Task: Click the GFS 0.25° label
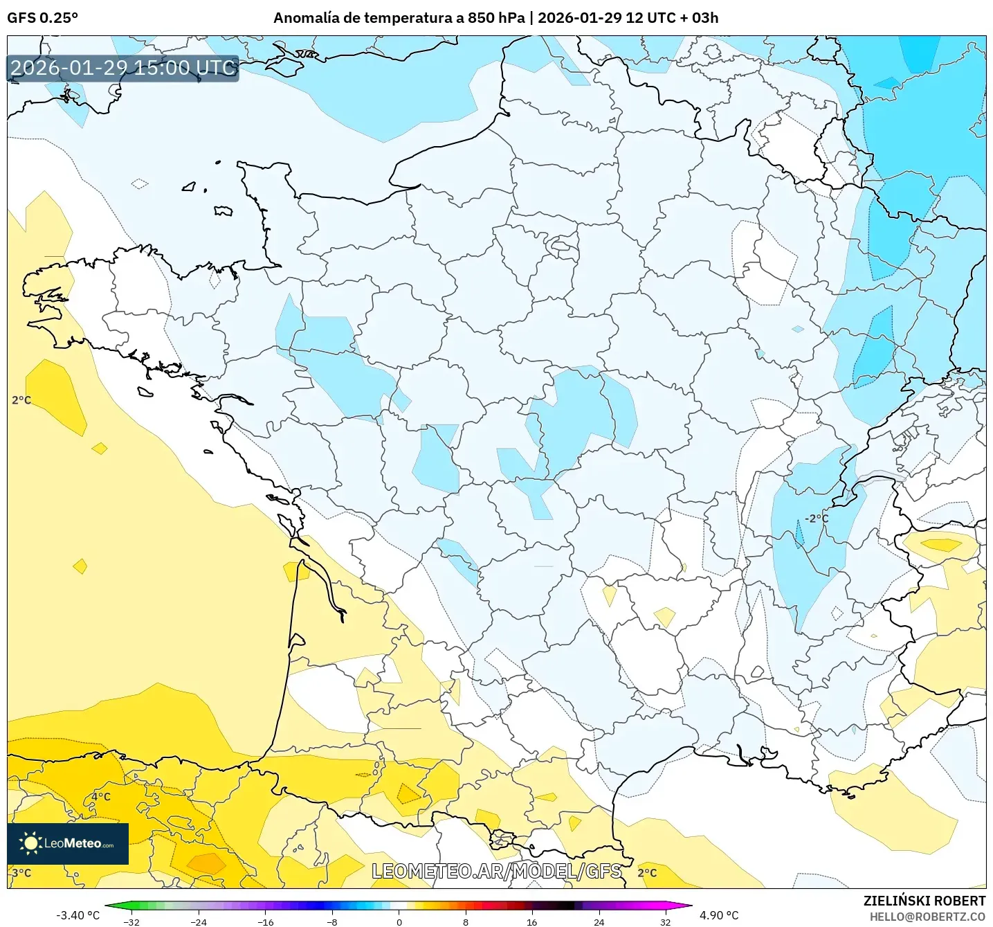[42, 18]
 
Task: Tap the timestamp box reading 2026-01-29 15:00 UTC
[123, 68]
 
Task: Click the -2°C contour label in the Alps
[816, 519]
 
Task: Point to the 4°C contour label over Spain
[101, 797]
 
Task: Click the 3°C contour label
[22, 873]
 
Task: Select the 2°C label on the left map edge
[21, 400]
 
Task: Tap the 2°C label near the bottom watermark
[647, 873]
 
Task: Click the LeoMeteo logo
[68, 843]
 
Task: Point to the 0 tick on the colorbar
[399, 922]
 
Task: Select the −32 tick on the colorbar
[131, 922]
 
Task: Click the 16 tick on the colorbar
[531, 922]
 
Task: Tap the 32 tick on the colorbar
[665, 922]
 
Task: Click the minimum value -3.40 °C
[78, 915]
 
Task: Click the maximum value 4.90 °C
[719, 915]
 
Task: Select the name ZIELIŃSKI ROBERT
[924, 901]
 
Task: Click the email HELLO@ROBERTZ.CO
[927, 917]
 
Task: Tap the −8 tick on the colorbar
[332, 922]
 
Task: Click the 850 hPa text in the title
[496, 18]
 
